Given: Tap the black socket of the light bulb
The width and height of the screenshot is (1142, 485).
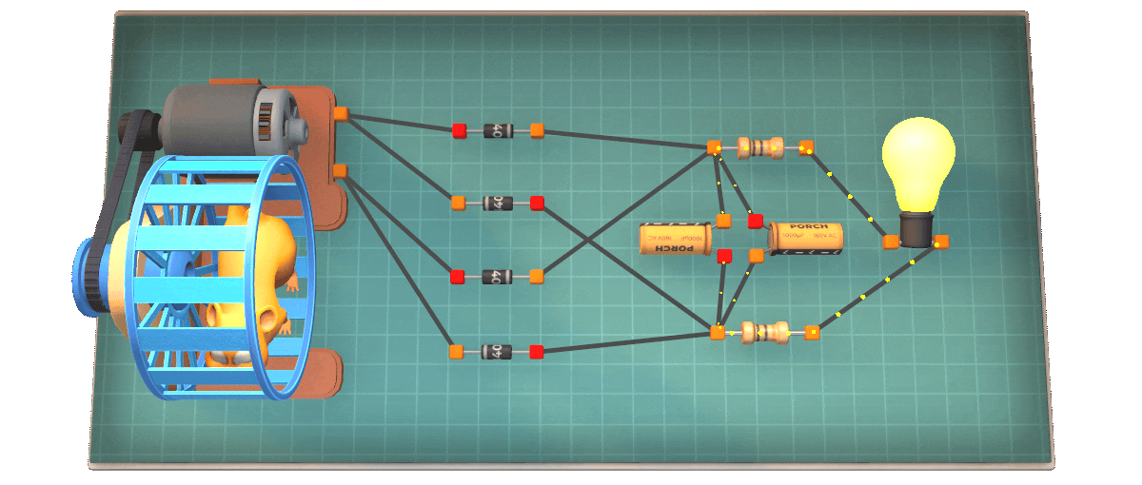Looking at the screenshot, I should pos(916,229).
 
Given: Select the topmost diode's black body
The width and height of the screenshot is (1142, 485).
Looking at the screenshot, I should pos(498,130).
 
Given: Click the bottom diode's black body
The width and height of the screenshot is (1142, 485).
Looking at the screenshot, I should pos(496,352).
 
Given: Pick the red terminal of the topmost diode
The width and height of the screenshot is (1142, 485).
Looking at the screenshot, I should pos(460,130).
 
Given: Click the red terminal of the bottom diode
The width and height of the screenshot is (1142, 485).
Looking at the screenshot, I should pos(537,352).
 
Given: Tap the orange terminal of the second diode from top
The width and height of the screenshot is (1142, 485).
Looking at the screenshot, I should pos(458,203).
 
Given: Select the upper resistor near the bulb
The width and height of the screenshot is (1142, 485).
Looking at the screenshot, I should pos(759,147).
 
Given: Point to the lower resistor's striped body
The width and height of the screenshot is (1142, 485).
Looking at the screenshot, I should pos(764,332).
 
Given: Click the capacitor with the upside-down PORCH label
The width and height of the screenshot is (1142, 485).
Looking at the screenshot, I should pos(675,238).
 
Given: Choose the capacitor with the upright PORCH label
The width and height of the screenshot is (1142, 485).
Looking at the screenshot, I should pos(805,238).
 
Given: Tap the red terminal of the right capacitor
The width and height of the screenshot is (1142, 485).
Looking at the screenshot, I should pos(756,222).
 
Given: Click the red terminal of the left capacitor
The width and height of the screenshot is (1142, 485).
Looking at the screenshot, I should pos(723,256).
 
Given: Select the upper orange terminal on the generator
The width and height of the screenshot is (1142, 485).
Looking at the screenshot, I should pos(340,114).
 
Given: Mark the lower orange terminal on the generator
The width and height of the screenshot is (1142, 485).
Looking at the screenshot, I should pos(340,171).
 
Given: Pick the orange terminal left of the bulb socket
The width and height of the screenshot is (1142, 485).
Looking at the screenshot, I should pos(891,242).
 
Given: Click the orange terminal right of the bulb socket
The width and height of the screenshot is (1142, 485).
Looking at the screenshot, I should pos(942,241).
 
